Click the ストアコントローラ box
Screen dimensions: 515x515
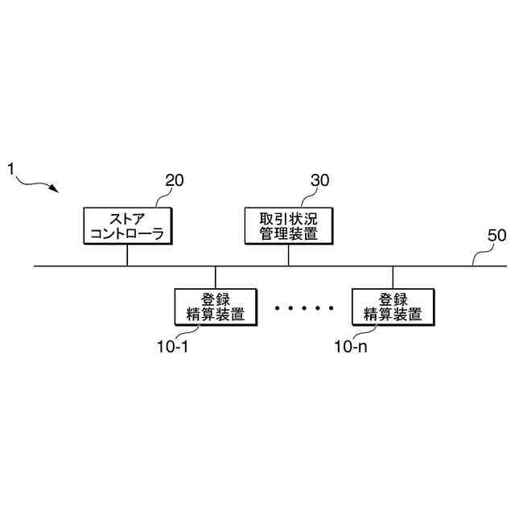(x=127, y=225)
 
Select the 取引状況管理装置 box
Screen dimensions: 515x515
(x=288, y=225)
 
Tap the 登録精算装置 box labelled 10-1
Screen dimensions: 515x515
(x=215, y=306)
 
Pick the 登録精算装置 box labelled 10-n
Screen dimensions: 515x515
(x=393, y=306)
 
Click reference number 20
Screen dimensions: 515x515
(x=175, y=181)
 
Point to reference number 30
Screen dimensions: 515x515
(x=319, y=181)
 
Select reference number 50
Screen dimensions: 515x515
(x=497, y=237)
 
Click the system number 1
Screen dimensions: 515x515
(x=11, y=169)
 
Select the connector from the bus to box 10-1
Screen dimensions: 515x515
(x=215, y=277)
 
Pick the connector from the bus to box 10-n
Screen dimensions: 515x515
(x=393, y=277)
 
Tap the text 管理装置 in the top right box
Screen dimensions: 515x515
(x=288, y=233)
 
